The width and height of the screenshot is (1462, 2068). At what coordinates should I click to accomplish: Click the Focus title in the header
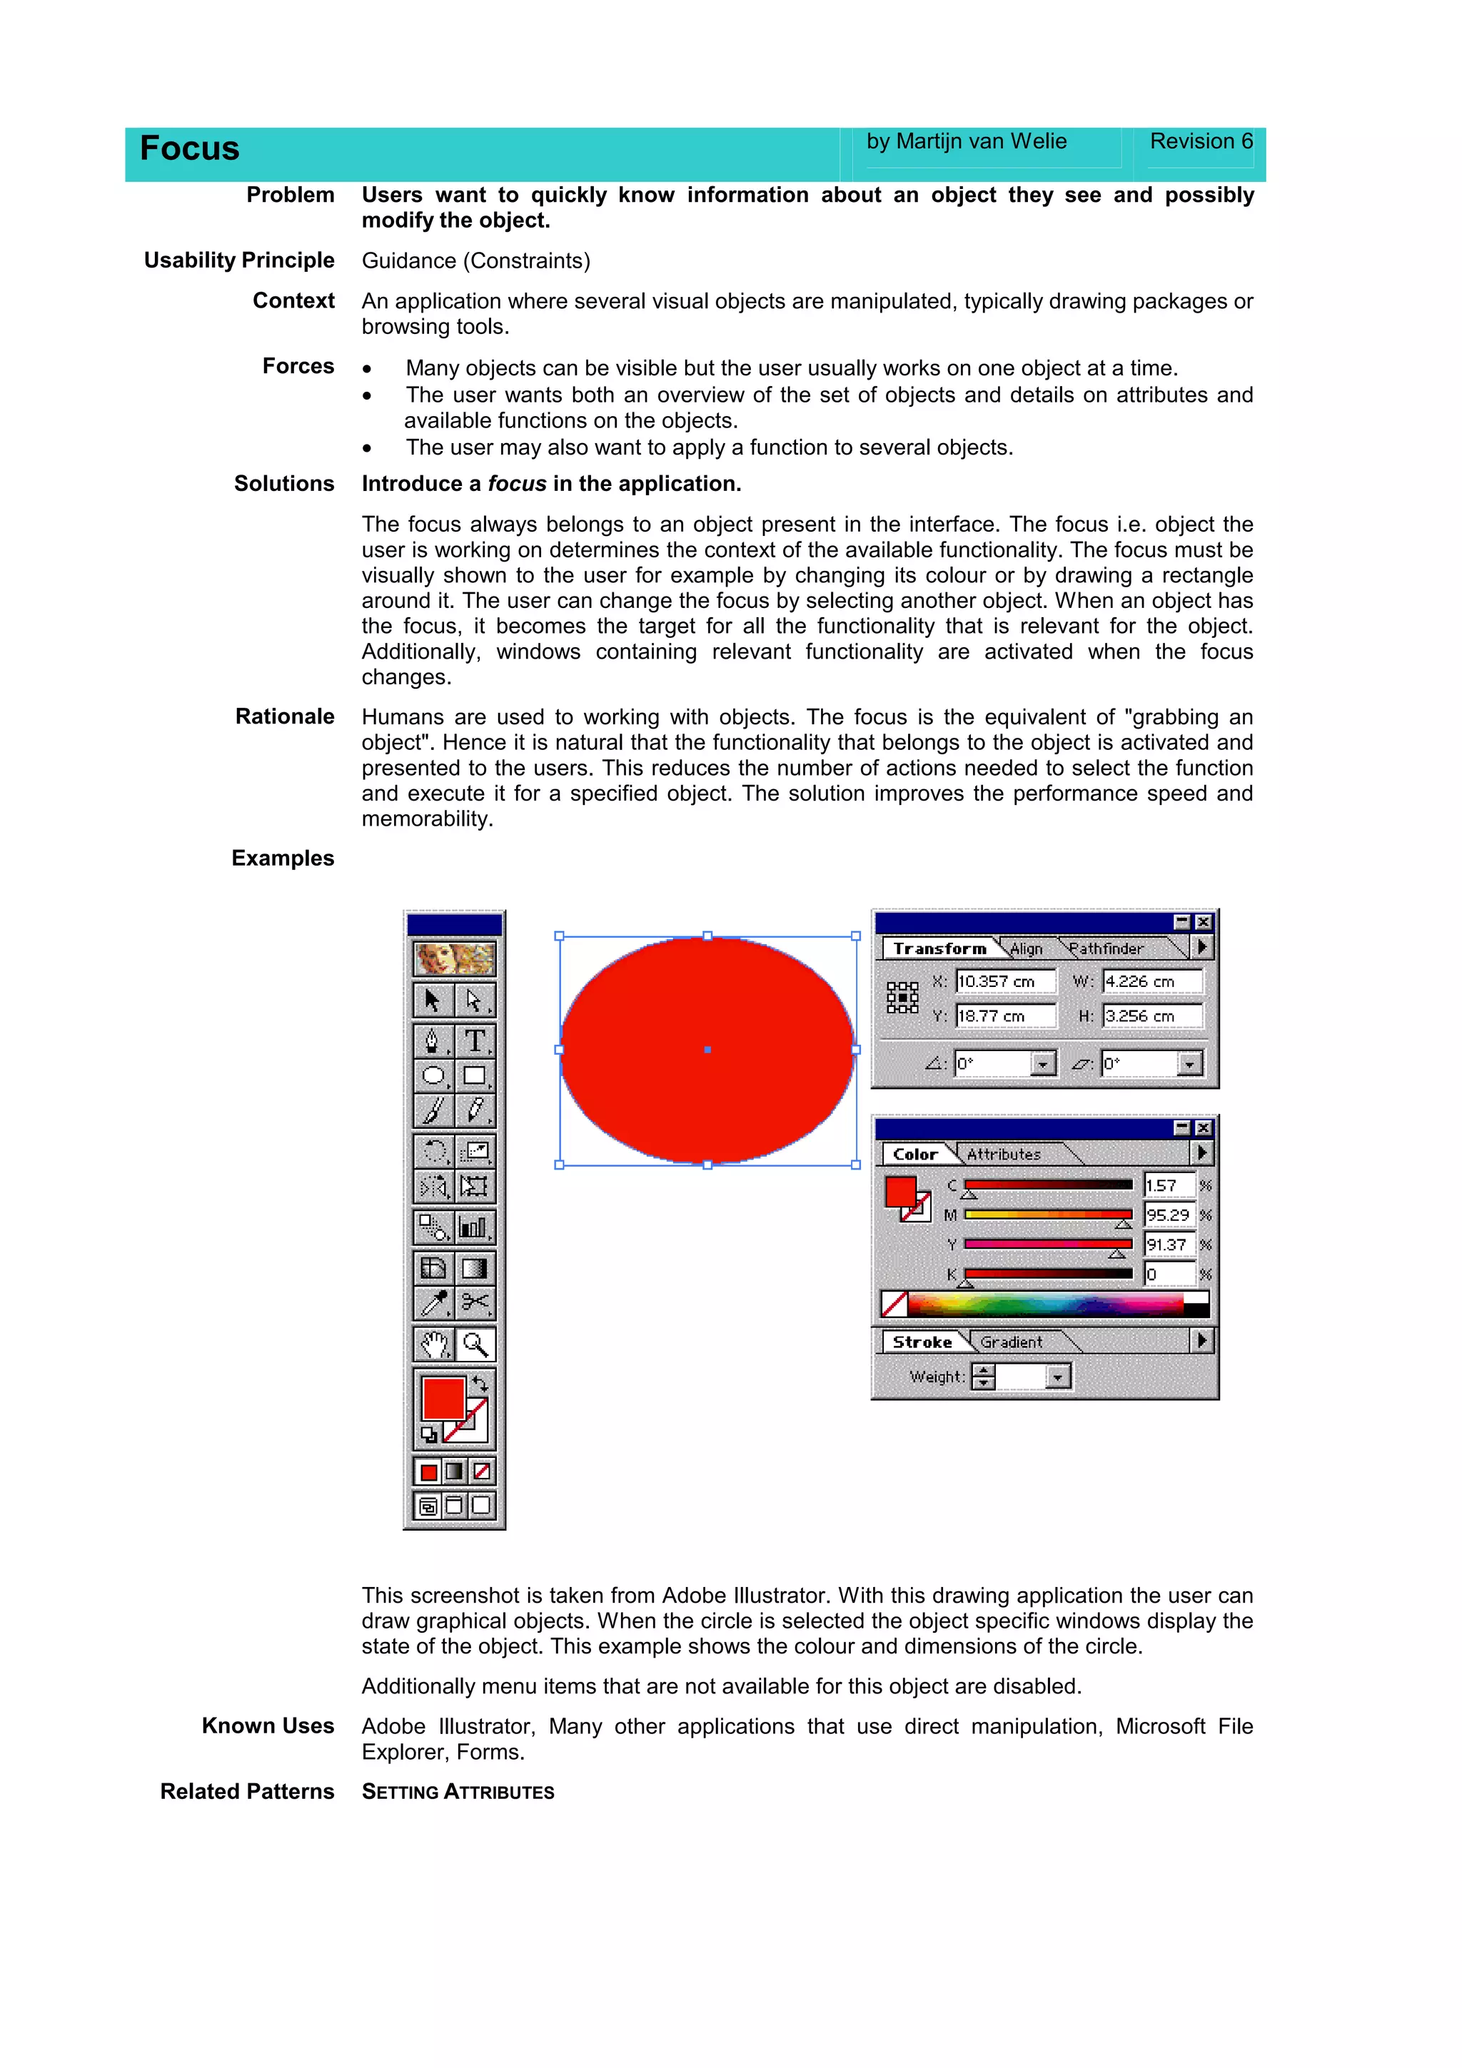pos(189,148)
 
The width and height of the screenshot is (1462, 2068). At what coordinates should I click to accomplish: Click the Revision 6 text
pos(1200,141)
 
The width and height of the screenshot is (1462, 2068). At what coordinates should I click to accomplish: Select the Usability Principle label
pos(238,260)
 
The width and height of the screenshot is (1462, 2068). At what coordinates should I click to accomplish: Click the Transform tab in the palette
pos(939,948)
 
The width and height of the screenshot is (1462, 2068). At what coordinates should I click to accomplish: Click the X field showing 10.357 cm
pos(1004,982)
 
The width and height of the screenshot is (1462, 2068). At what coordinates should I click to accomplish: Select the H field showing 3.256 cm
pos(1151,1016)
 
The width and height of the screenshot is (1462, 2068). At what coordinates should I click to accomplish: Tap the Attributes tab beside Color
pos(1004,1154)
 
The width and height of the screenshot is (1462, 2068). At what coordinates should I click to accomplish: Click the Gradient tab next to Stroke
pos(1011,1342)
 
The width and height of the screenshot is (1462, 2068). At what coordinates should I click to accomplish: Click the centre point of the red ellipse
pos(707,1049)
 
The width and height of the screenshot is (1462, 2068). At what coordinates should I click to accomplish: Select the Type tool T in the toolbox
pos(475,1041)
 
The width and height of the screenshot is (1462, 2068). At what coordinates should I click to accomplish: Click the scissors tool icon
pos(475,1302)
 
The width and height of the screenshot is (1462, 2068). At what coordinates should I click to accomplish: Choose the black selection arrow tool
pos(433,1000)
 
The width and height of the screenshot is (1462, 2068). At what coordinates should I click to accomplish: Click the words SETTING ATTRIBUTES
pos(458,1792)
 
